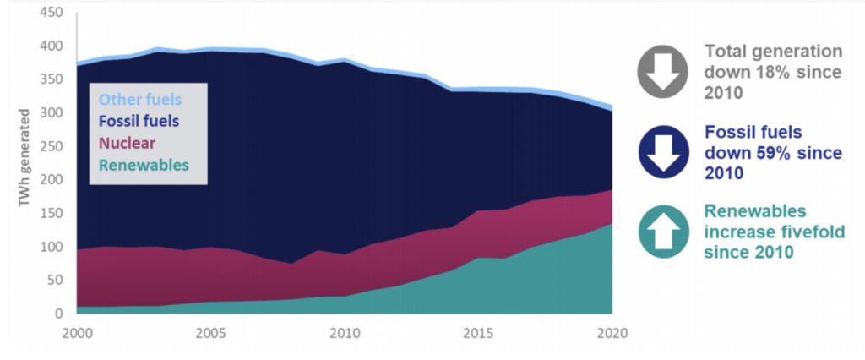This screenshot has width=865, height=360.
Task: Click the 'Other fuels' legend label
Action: click(x=139, y=100)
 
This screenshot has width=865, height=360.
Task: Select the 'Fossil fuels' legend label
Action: click(x=139, y=121)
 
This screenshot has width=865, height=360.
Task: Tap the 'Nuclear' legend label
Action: click(x=128, y=143)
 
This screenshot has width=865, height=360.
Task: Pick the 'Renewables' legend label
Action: click(x=143, y=165)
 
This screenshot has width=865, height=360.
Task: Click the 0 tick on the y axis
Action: click(x=58, y=314)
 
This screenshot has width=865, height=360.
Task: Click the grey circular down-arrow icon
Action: click(x=665, y=72)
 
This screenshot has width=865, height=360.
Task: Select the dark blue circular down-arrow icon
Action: click(x=665, y=152)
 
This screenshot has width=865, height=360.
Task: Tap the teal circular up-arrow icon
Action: click(x=665, y=230)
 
